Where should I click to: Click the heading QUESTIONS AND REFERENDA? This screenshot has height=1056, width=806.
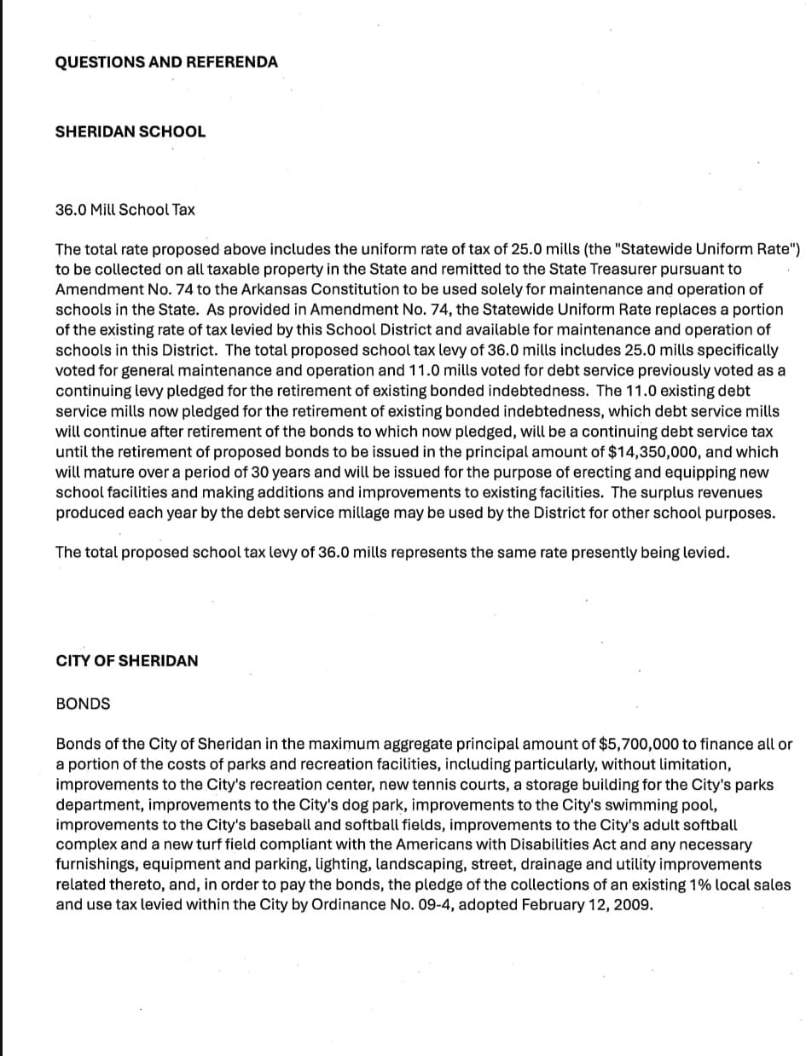166,62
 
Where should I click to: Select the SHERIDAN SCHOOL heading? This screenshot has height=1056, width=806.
130,131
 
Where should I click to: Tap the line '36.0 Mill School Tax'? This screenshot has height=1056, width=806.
125,209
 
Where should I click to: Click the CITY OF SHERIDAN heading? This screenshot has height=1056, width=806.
126,660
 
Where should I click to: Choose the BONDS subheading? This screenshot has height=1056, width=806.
83,704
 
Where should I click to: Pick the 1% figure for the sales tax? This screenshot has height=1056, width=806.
664,885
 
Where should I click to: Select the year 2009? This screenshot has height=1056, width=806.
633,905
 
